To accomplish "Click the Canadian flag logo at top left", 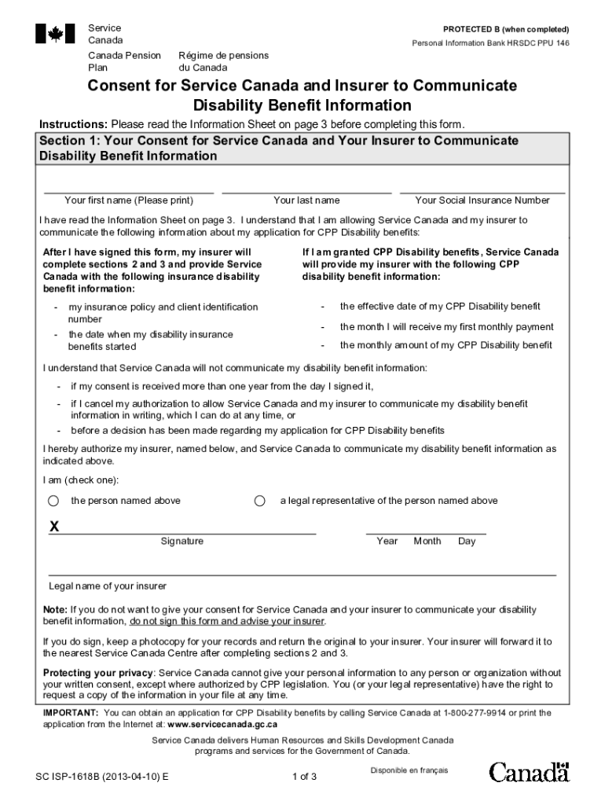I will [x=55, y=34].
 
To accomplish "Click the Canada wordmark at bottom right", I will [x=529, y=772].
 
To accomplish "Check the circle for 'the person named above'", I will [x=53, y=501].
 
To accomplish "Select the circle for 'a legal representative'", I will [x=260, y=501].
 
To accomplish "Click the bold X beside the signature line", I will [x=54, y=527].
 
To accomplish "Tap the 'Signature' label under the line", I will [x=181, y=541].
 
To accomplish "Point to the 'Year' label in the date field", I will [x=387, y=541].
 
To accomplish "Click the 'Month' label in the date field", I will [x=427, y=541].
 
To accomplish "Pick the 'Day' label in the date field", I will [x=467, y=541].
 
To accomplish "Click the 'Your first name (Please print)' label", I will [x=128, y=200].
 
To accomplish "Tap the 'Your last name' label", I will [x=306, y=200].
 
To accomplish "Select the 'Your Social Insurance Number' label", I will [x=482, y=200].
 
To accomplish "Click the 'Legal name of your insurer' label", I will [x=108, y=586].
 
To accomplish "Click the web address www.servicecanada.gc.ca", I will [x=222, y=724].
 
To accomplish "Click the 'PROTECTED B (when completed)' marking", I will [x=506, y=29].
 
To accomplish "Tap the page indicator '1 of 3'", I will [x=303, y=777].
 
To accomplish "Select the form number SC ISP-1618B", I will [x=102, y=777].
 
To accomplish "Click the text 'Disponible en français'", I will [x=409, y=770].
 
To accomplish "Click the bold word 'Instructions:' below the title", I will [x=74, y=124].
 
